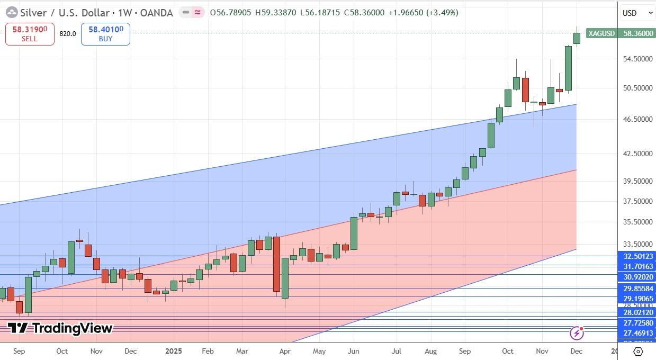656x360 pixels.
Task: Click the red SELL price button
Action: [30, 34]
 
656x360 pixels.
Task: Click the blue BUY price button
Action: [105, 34]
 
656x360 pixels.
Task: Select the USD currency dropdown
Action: [637, 13]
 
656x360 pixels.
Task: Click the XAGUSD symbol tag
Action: [601, 33]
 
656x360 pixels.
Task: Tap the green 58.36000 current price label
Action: [637, 33]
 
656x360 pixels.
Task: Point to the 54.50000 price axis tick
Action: [637, 59]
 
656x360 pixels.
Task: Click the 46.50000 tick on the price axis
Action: [637, 120]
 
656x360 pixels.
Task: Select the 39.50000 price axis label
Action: [637, 181]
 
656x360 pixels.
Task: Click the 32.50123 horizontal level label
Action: [637, 256]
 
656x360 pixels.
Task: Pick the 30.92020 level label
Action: [637, 276]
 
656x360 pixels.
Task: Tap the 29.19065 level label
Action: [637, 299]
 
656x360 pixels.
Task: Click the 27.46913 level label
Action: [637, 333]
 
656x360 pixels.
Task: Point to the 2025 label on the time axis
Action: [174, 351]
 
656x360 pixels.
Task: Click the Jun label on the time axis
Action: [354, 351]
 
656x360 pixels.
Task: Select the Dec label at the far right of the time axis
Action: [576, 351]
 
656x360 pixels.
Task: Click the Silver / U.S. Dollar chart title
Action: [64, 13]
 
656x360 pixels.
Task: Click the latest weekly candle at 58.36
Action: [577, 38]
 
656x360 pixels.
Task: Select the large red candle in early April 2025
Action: [276, 264]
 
